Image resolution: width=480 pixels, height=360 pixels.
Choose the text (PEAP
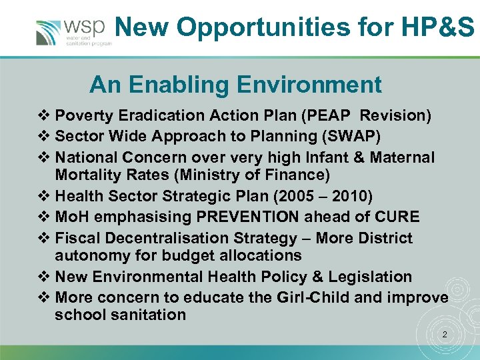[x=325, y=115]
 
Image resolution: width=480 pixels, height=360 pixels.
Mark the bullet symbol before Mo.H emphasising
[x=46, y=217]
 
